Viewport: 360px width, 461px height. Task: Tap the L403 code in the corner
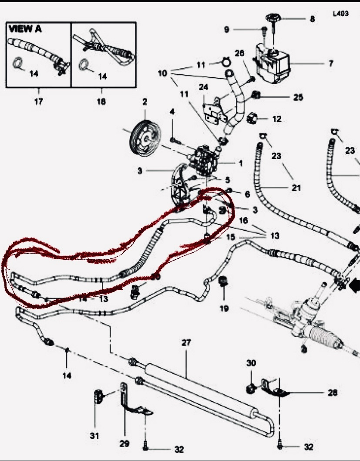[x=340, y=14]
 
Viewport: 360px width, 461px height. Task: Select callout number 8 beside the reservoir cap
[x=312, y=19]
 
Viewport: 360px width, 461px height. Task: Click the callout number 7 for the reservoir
[x=331, y=64]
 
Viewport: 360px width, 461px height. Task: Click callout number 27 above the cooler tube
[x=186, y=343]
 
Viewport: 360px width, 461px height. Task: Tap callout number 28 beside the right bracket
[x=333, y=393]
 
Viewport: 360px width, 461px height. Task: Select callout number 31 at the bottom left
[x=95, y=435]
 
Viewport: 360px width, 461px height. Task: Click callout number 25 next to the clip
[x=298, y=97]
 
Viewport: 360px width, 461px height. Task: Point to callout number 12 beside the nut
[x=277, y=119]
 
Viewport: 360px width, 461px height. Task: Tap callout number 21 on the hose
[x=296, y=188]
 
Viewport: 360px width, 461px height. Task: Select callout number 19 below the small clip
[x=224, y=308]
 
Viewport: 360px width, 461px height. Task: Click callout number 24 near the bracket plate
[x=204, y=87]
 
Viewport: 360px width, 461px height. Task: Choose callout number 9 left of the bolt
[x=226, y=30]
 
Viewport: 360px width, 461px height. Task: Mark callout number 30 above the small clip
[x=251, y=363]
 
